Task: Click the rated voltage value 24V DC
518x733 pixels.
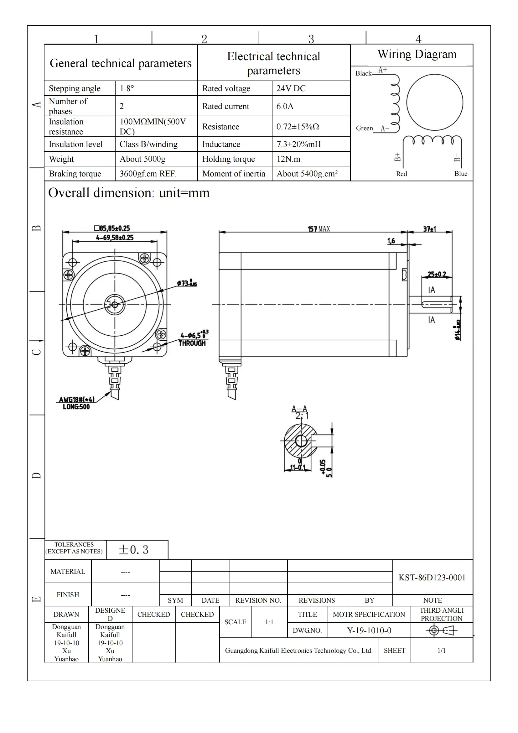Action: (x=291, y=88)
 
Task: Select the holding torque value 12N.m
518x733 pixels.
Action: (x=288, y=159)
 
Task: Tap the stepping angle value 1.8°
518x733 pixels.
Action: (x=127, y=88)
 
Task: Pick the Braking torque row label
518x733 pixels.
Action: (x=75, y=174)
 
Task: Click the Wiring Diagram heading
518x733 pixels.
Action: (x=417, y=54)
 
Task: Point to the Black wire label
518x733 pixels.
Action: (x=363, y=73)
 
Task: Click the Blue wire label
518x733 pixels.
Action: (x=461, y=174)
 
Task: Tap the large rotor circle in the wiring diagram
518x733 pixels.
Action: (x=434, y=102)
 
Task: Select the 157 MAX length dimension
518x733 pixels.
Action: (x=318, y=229)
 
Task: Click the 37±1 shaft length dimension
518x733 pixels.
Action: (x=429, y=229)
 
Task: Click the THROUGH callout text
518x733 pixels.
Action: (x=192, y=343)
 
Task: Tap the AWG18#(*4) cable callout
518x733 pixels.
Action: (x=76, y=400)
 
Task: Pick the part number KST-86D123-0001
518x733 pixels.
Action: (x=432, y=578)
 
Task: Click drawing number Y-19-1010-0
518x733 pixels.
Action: (x=369, y=631)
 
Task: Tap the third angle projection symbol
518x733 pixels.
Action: (x=441, y=631)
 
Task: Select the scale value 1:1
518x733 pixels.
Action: (x=269, y=622)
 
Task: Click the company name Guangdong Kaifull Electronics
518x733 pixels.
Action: (x=298, y=651)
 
